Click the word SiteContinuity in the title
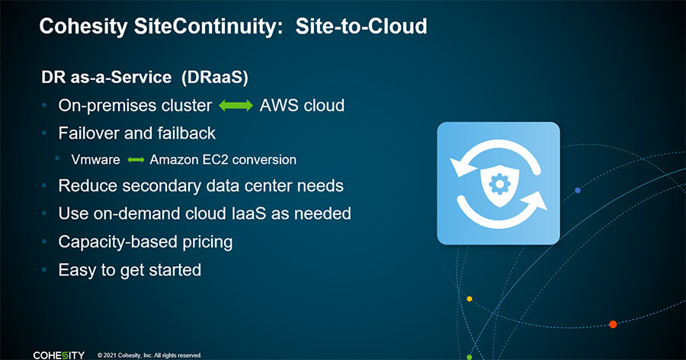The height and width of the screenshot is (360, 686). pos(205,27)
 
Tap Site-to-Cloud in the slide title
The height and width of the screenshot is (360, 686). pos(361,26)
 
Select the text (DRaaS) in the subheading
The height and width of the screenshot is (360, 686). pos(215,78)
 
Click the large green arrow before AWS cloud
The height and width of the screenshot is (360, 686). pos(236,105)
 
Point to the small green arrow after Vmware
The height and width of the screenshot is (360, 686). pos(136,160)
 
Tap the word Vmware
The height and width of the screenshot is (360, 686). pos(96,160)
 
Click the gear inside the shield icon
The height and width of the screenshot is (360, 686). pos(499,185)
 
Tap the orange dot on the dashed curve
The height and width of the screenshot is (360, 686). pos(613,324)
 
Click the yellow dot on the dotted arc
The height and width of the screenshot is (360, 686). pos(470,299)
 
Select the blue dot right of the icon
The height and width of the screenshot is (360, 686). pos(578,191)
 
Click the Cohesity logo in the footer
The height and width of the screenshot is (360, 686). pos(59,355)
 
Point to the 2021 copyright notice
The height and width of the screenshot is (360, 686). pos(149,355)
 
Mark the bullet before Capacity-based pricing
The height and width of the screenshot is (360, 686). pos(44,242)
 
